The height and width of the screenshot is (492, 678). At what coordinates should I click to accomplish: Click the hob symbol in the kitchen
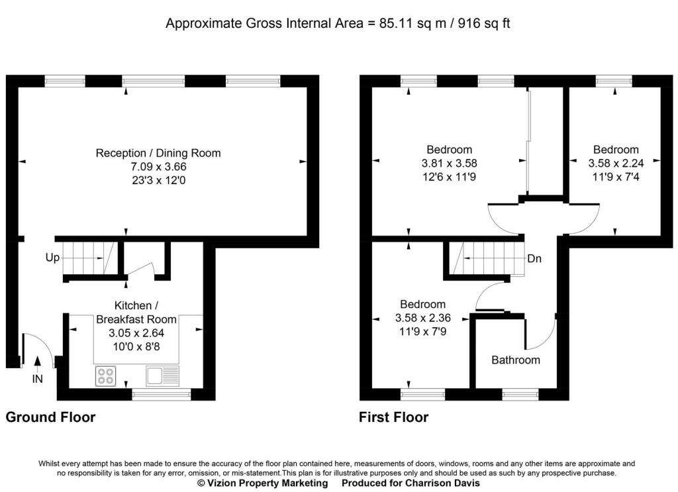coord(105,376)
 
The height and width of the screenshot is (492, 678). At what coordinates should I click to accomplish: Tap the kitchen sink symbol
coord(163,375)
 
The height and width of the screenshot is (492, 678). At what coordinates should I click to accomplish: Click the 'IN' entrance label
coord(38,379)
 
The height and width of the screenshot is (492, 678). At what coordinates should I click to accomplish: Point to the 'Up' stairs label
coord(52,258)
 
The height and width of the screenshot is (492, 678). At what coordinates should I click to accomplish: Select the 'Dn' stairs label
coord(534,258)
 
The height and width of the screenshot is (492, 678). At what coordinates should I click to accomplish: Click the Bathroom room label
coord(516,360)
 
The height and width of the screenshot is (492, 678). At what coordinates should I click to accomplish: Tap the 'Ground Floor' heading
coord(50,417)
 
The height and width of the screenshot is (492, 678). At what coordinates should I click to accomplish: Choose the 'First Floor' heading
coord(394,417)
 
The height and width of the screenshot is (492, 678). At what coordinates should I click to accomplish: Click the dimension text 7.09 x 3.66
coord(159,166)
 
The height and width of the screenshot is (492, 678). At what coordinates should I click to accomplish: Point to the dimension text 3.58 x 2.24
coord(616,163)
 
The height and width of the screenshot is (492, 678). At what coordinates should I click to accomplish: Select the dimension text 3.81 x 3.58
coord(450,163)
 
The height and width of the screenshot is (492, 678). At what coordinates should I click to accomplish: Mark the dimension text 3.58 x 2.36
coord(422,318)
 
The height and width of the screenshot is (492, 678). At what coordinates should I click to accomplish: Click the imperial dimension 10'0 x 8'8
coord(136,346)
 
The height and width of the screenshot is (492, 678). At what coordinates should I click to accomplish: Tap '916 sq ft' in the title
coord(484,23)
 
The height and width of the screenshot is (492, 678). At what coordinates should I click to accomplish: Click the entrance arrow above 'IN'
coord(38,364)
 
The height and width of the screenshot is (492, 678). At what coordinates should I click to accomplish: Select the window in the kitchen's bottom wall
coord(162,394)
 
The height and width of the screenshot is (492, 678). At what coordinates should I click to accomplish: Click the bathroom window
coord(520,394)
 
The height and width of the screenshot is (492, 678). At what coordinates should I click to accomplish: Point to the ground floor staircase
coord(89,258)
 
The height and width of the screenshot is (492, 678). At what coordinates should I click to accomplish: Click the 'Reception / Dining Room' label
coord(158,153)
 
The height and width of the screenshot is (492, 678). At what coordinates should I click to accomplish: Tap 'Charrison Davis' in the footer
coord(442,483)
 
